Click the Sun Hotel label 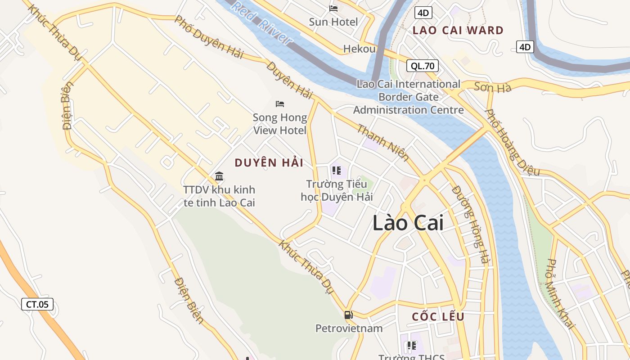[x=333, y=22]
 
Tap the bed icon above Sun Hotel [x=333, y=8]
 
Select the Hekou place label [x=359, y=49]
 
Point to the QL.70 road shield [x=423, y=66]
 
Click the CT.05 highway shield [x=37, y=304]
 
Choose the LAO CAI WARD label [x=458, y=31]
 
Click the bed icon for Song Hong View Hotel [x=280, y=104]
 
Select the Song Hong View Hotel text [x=280, y=124]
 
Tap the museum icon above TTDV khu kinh [x=219, y=176]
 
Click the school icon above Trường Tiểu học [x=336, y=171]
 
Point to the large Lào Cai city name [x=408, y=223]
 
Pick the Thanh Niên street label [x=383, y=143]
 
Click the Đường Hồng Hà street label [x=470, y=225]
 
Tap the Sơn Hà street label [x=492, y=87]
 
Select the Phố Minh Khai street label [x=559, y=293]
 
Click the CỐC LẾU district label [x=438, y=316]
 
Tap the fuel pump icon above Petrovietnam [x=348, y=315]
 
